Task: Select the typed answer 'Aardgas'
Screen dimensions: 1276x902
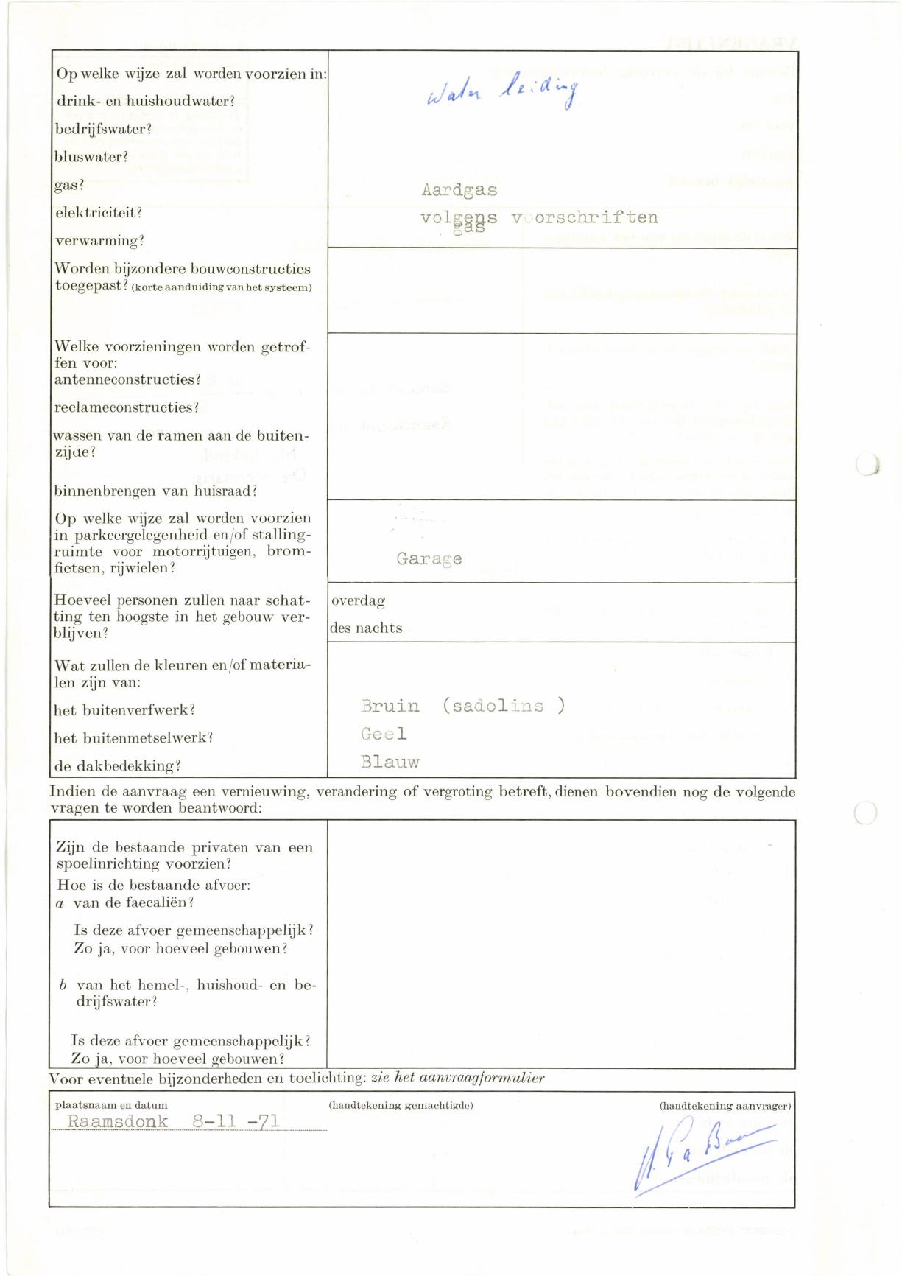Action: pyautogui.click(x=459, y=190)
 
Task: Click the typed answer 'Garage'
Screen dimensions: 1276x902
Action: pyautogui.click(x=429, y=558)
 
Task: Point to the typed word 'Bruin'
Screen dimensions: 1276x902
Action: pyautogui.click(x=390, y=706)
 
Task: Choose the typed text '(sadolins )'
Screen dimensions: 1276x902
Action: pyautogui.click(x=504, y=706)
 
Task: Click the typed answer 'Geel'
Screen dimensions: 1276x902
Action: pyautogui.click(x=384, y=734)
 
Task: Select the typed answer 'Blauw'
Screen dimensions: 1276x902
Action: pyautogui.click(x=390, y=762)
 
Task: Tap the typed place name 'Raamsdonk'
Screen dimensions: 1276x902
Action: pyautogui.click(x=118, y=1121)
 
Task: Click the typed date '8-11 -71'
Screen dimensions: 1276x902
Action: pyautogui.click(x=236, y=1121)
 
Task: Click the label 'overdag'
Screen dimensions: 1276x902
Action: pyautogui.click(x=359, y=600)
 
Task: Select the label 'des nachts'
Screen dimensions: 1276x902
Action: pyautogui.click(x=367, y=628)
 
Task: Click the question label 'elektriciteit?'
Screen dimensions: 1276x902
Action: pyautogui.click(x=99, y=213)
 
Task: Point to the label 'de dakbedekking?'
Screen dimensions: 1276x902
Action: pyautogui.click(x=117, y=765)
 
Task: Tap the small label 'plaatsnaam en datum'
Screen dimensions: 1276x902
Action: pyautogui.click(x=111, y=1105)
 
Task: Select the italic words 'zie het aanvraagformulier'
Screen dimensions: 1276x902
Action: pyautogui.click(x=457, y=1078)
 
